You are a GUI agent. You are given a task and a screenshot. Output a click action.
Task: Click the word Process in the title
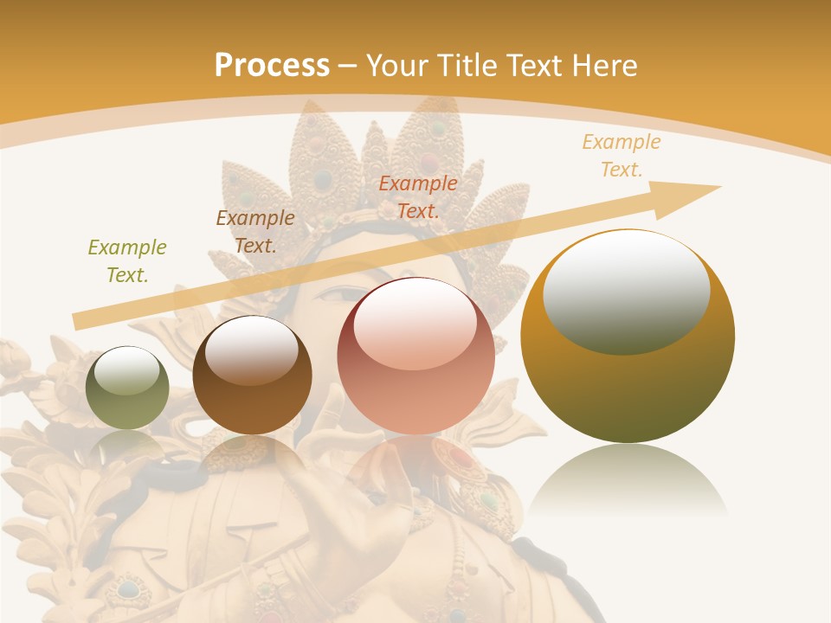272,65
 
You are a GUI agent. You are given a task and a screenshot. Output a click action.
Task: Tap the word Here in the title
605,65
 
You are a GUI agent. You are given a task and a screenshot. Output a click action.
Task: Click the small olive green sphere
127,388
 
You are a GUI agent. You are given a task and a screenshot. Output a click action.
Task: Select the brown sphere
252,376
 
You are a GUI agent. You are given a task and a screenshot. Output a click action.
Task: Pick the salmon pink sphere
415,356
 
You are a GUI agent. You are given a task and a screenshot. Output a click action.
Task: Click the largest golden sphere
628,336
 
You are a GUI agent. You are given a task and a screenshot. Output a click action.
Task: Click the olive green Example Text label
127,261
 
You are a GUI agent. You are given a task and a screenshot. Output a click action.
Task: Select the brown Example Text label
255,232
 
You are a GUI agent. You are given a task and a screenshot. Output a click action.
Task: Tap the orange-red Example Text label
418,197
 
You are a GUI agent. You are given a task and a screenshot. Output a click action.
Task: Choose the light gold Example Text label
622,156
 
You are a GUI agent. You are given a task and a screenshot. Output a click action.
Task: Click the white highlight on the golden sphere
627,291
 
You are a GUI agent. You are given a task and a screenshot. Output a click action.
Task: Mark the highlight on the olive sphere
126,369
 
